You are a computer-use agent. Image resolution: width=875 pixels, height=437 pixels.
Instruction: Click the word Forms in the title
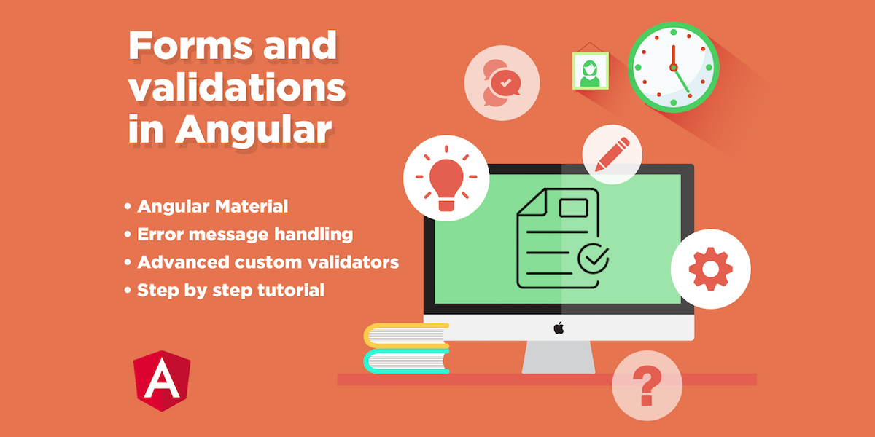pos(190,46)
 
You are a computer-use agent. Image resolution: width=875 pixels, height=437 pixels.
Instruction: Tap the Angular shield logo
pos(162,380)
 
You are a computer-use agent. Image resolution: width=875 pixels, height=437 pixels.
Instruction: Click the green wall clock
pos(673,67)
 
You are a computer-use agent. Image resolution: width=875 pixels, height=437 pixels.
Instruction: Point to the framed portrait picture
pos(590,71)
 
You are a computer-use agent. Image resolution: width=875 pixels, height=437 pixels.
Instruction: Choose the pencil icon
pos(612,154)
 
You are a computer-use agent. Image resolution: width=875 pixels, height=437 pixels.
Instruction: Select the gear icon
pos(710,269)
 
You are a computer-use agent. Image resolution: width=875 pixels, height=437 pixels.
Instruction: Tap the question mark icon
pos(647,385)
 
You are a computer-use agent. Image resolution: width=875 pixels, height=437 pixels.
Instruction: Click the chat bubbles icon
pos(502,83)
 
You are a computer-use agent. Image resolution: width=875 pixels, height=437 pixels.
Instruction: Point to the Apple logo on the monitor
pos(559,328)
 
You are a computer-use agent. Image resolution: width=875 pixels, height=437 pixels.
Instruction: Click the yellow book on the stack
pos(407,336)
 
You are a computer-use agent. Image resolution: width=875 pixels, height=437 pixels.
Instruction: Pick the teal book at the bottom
pos(407,361)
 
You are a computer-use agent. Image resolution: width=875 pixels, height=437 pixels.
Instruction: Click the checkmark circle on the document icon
pos(594,259)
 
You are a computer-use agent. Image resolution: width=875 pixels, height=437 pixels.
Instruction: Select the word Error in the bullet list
pos(160,234)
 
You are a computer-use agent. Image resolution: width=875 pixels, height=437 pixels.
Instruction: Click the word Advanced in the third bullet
pos(183,262)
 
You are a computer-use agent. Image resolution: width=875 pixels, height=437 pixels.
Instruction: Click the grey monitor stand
pos(559,357)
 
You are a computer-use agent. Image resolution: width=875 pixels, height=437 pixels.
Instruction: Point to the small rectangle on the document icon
pos(573,208)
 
